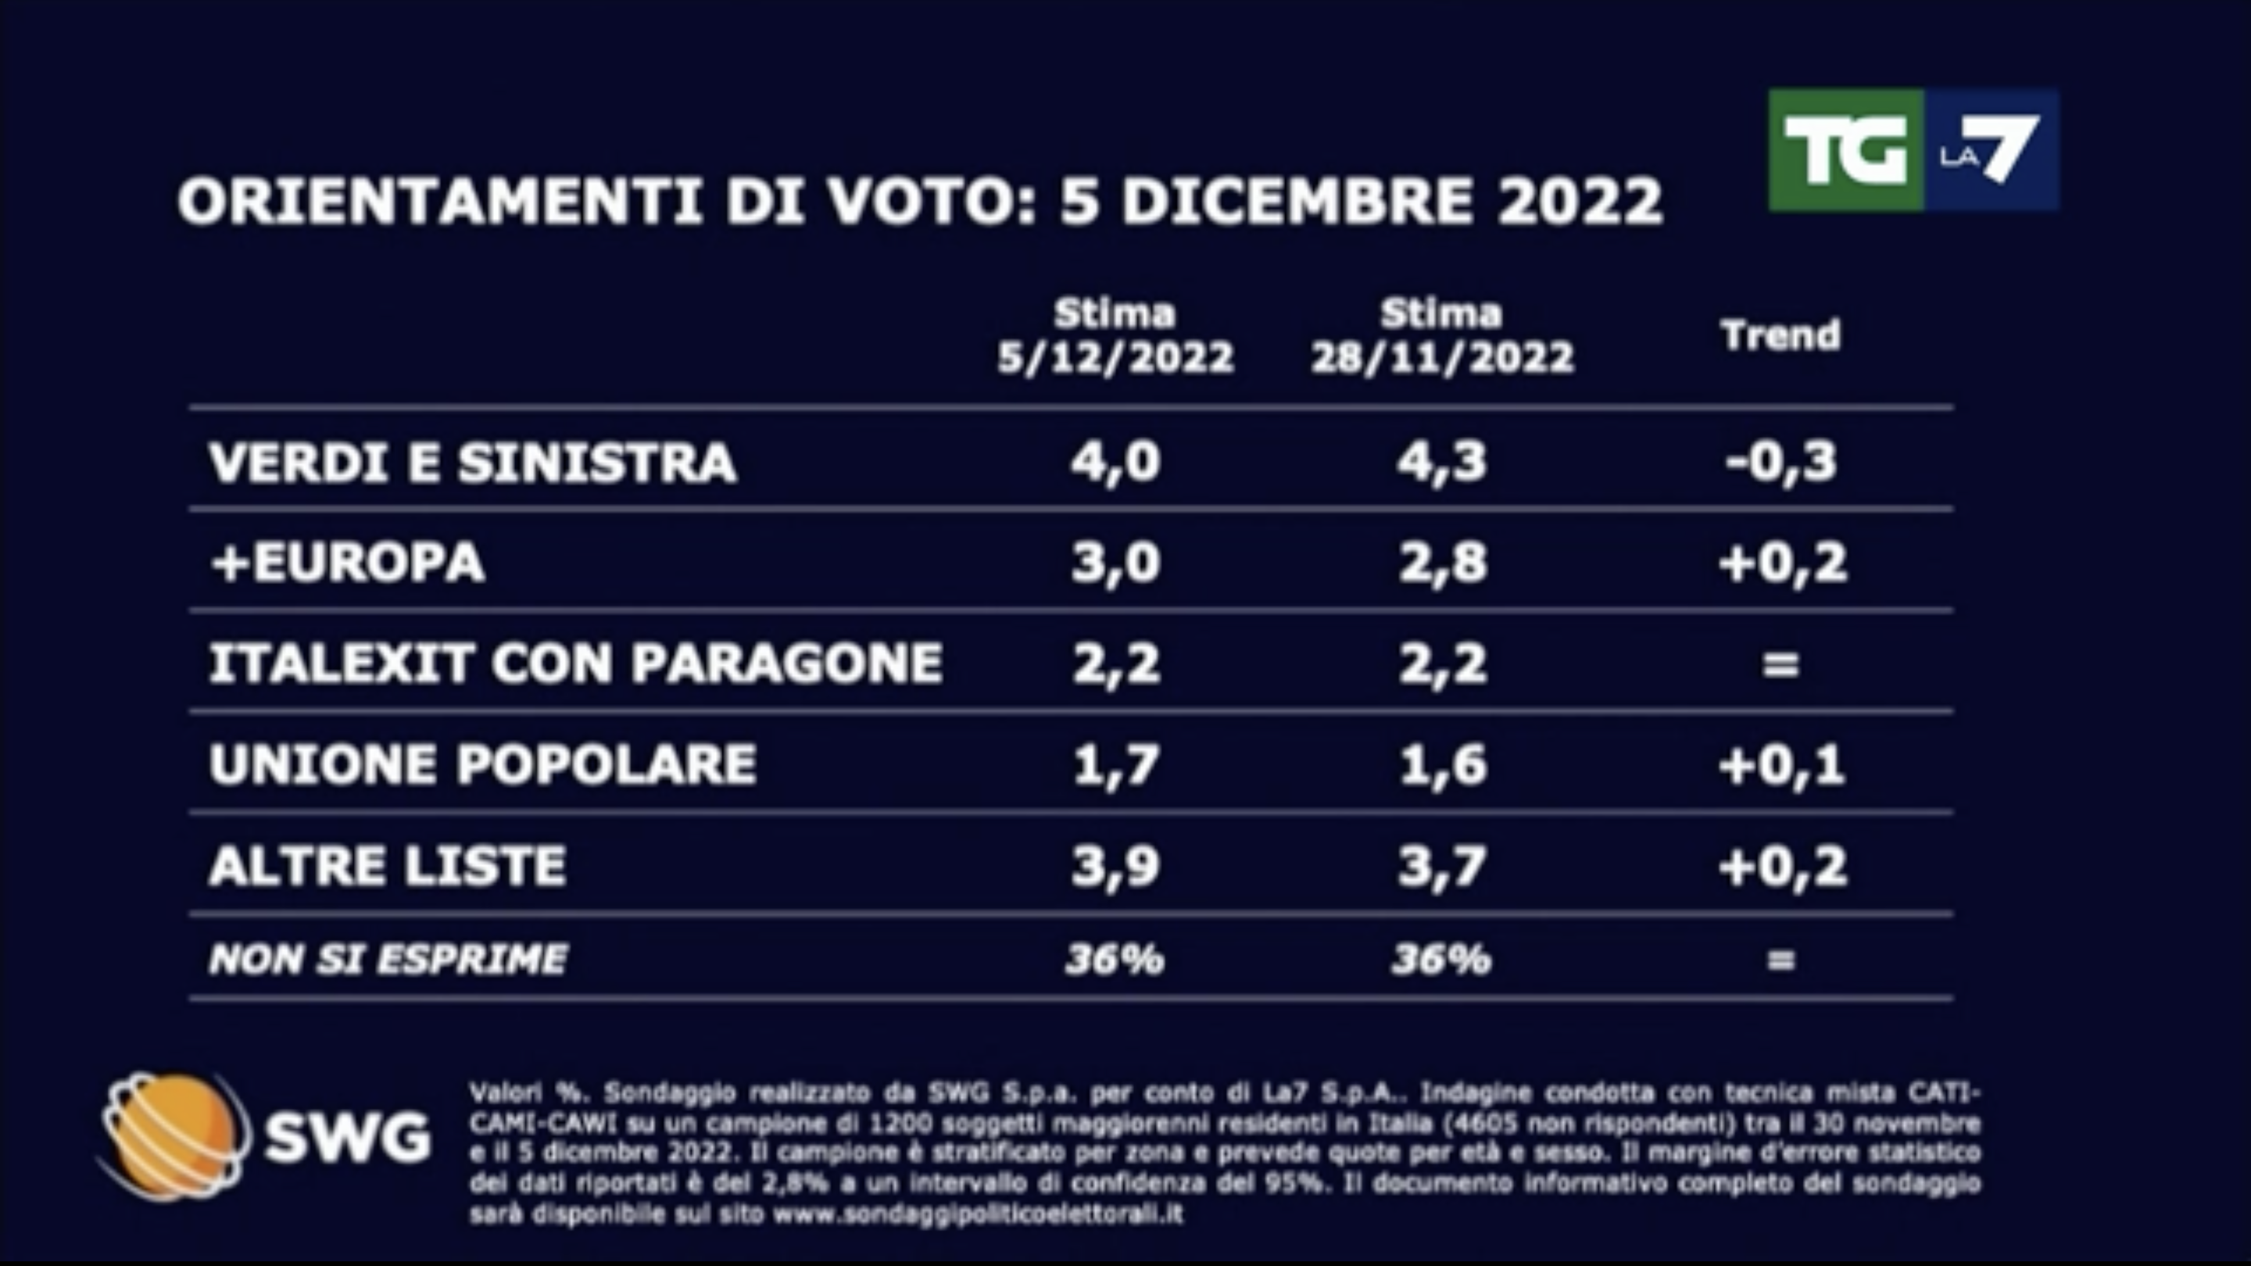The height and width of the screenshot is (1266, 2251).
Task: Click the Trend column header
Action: click(1780, 335)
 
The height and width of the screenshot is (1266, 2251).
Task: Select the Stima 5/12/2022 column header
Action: click(1115, 336)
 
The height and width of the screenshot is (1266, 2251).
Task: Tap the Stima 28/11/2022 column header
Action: click(1442, 336)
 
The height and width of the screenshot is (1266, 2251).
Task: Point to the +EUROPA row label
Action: click(347, 563)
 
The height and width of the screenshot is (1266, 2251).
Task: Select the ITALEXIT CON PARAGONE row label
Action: click(575, 663)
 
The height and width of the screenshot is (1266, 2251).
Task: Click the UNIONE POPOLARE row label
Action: click(482, 764)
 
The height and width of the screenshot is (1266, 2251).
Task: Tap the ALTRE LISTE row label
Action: click(387, 866)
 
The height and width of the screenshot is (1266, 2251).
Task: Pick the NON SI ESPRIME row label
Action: click(387, 960)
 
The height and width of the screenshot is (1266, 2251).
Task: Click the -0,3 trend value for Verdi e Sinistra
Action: click(1780, 462)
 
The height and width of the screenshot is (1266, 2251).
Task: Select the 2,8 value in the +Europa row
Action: click(1442, 563)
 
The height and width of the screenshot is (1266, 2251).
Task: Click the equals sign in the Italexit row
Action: click(1780, 665)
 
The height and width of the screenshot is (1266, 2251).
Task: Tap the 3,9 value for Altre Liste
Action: click(1115, 866)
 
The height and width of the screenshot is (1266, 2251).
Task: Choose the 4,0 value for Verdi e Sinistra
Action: click(1115, 462)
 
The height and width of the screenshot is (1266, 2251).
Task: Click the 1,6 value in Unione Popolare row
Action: click(1442, 765)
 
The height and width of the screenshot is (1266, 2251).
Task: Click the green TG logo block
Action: click(1845, 150)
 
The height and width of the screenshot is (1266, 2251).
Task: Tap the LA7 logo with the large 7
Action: click(1991, 150)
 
